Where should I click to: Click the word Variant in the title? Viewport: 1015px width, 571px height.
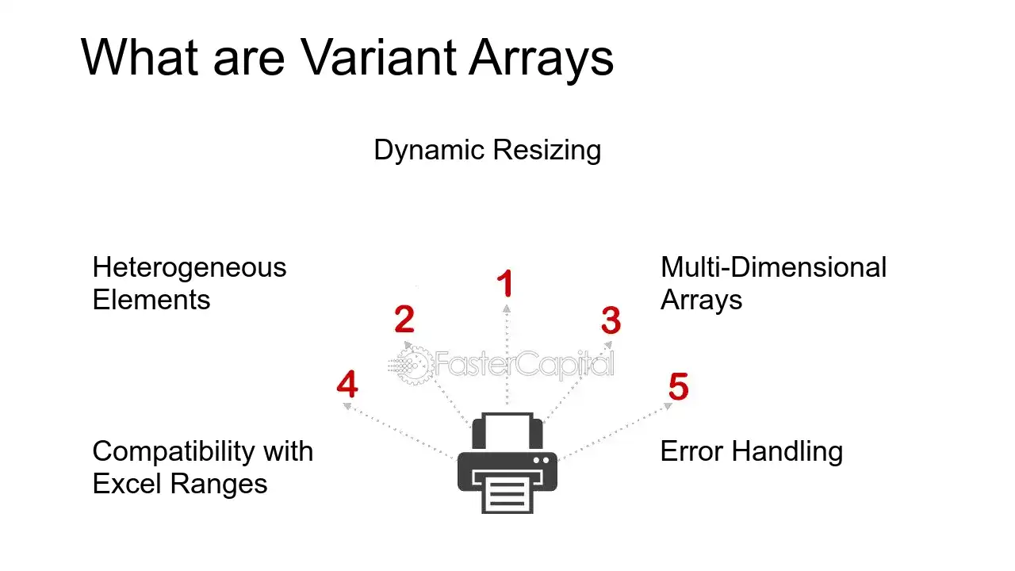pos(378,58)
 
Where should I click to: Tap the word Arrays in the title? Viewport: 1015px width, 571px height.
pos(541,61)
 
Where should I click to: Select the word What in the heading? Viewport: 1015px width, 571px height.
pos(140,57)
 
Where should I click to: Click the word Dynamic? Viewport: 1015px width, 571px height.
pos(429,151)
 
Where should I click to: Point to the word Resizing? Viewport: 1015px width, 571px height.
pos(547,151)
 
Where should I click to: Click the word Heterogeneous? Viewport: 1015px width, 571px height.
pos(190,267)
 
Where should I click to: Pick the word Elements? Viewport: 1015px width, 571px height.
pos(151,300)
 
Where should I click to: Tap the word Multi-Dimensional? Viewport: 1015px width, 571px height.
pos(773,267)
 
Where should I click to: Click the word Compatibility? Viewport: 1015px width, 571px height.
pos(174,452)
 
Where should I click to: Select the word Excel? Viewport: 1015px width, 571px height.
pos(128,484)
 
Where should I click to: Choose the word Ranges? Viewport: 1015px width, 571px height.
pos(218,485)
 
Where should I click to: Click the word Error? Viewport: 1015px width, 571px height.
pos(691,451)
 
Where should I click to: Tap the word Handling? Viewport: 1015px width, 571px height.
pos(787,453)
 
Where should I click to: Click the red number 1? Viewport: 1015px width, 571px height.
pos(505,283)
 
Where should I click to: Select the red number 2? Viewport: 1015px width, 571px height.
pos(404,319)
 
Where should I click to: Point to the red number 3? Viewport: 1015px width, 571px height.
pos(611,320)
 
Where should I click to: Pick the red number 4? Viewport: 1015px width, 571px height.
pos(347,385)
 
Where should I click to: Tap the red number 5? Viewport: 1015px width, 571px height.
pos(678,386)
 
